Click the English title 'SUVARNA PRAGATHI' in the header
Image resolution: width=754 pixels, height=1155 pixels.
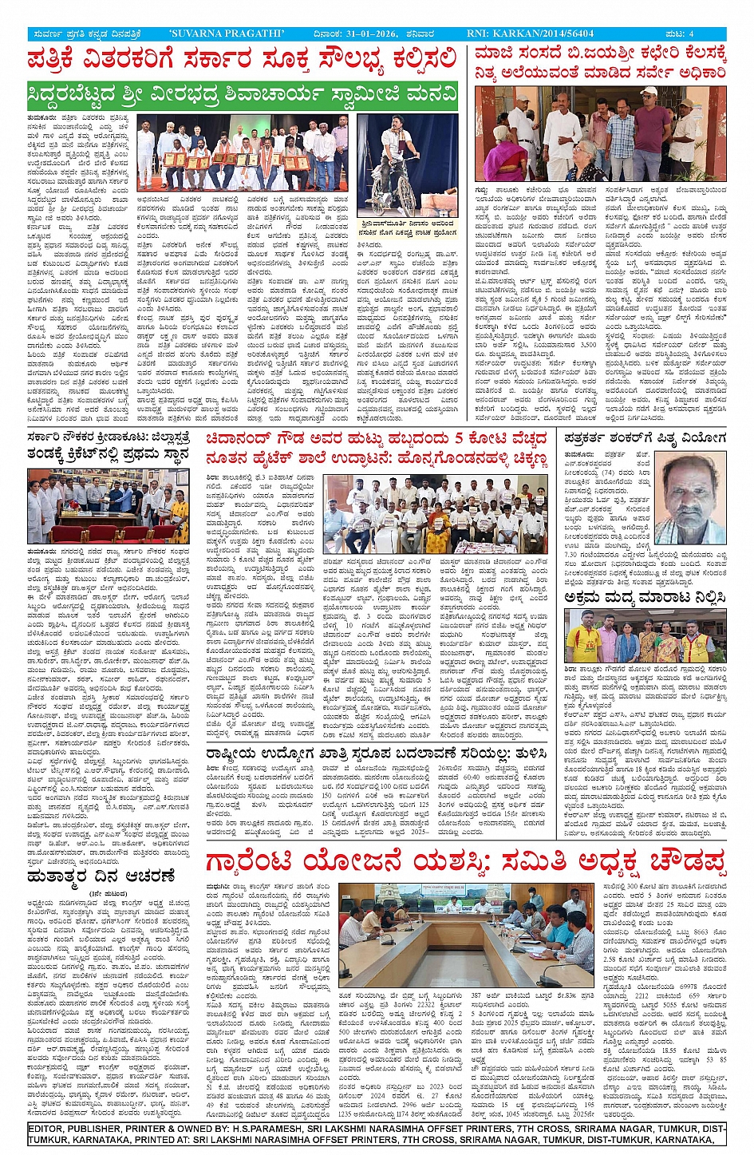point(227,34)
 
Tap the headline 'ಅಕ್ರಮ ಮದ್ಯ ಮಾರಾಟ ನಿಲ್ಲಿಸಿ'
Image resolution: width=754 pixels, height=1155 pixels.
point(645,596)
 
